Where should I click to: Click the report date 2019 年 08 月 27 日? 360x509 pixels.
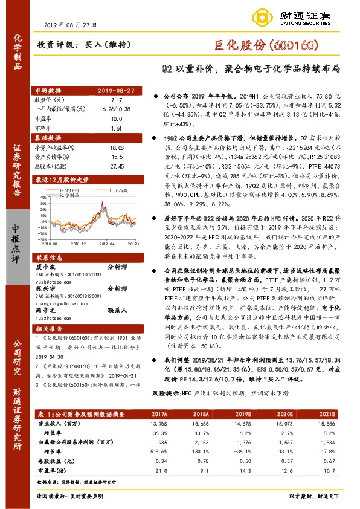70,25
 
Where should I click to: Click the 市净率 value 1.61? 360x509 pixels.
117,129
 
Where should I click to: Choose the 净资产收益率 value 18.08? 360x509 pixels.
117,147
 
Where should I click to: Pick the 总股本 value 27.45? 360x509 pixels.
117,166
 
